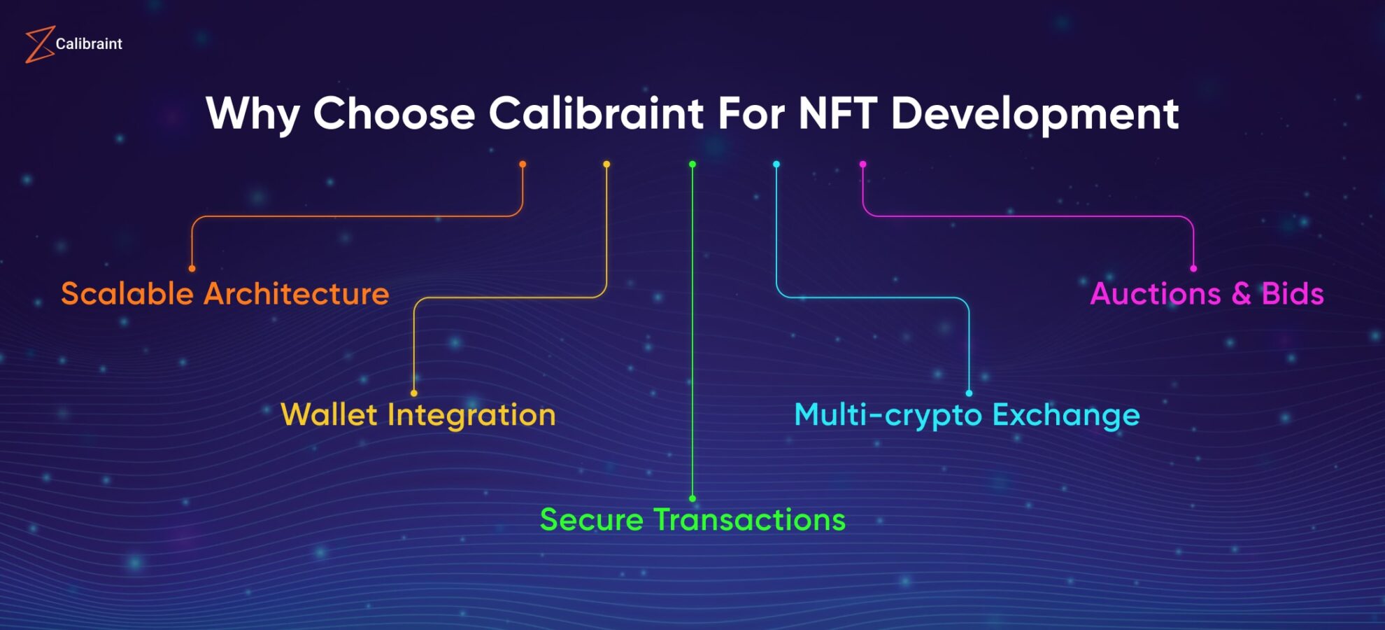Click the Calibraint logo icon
tap(39, 44)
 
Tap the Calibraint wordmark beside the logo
tap(89, 44)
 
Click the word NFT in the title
tap(837, 113)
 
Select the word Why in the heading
tap(253, 113)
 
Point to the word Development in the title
tap(1035, 113)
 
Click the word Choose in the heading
tap(394, 113)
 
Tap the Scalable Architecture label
tap(225, 294)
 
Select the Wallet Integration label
tap(418, 415)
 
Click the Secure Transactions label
tap(692, 520)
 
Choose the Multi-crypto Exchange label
tap(967, 415)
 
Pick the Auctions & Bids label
tap(1207, 294)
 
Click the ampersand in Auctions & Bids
tap(1241, 294)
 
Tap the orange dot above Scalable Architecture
tap(192, 269)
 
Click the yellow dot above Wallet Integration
tap(414, 393)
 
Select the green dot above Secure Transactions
tap(692, 499)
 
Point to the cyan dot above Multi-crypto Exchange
tap(969, 393)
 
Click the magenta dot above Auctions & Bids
tap(1193, 269)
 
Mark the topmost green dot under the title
tap(692, 164)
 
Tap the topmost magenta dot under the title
tap(863, 164)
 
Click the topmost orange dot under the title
tap(523, 164)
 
